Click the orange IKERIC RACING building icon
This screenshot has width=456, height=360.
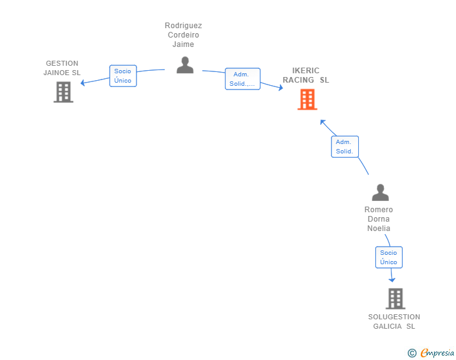click(x=308, y=100)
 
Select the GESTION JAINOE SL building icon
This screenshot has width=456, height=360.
click(x=63, y=92)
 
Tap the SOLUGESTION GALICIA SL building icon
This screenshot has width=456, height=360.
click(x=395, y=299)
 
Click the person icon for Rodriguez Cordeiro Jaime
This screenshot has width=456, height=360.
click(x=185, y=65)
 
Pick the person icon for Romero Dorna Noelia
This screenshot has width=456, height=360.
click(x=380, y=192)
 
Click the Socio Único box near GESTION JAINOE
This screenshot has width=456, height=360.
click(x=123, y=76)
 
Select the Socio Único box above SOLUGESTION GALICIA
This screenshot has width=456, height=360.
click(x=389, y=257)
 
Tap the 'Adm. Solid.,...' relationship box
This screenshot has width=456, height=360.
click(x=242, y=79)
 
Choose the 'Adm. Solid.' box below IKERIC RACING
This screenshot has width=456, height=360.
click(x=345, y=147)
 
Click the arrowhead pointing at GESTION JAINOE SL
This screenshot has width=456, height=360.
click(x=83, y=83)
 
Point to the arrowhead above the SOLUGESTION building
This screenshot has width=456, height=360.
click(x=392, y=280)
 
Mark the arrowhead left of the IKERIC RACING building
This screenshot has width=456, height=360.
click(x=281, y=88)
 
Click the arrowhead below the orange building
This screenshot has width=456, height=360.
click(x=322, y=122)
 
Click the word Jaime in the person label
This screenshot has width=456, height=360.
click(x=183, y=44)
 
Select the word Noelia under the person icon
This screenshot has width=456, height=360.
click(x=378, y=229)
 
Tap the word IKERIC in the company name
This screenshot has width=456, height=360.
click(x=306, y=71)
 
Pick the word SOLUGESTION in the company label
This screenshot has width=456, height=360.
click(x=394, y=317)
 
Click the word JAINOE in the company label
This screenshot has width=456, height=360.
click(x=58, y=73)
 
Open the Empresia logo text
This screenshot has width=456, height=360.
click(x=437, y=353)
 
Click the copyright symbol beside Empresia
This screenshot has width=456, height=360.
click(x=412, y=353)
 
